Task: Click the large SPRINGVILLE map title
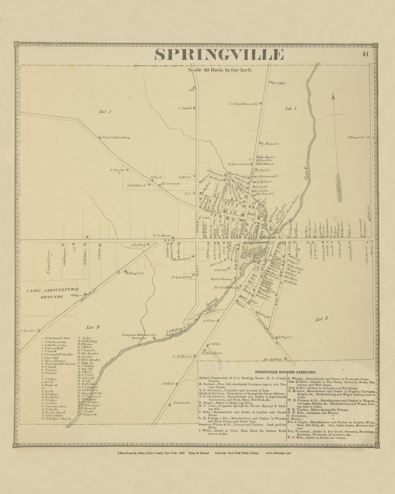click(219, 55)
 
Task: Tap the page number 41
click(365, 54)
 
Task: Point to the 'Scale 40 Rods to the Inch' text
click(220, 70)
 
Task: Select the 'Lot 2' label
click(105, 112)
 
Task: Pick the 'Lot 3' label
click(290, 109)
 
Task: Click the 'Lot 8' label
click(322, 319)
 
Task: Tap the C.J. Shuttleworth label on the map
click(243, 104)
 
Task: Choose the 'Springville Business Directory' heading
click(285, 371)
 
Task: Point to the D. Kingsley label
click(135, 273)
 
